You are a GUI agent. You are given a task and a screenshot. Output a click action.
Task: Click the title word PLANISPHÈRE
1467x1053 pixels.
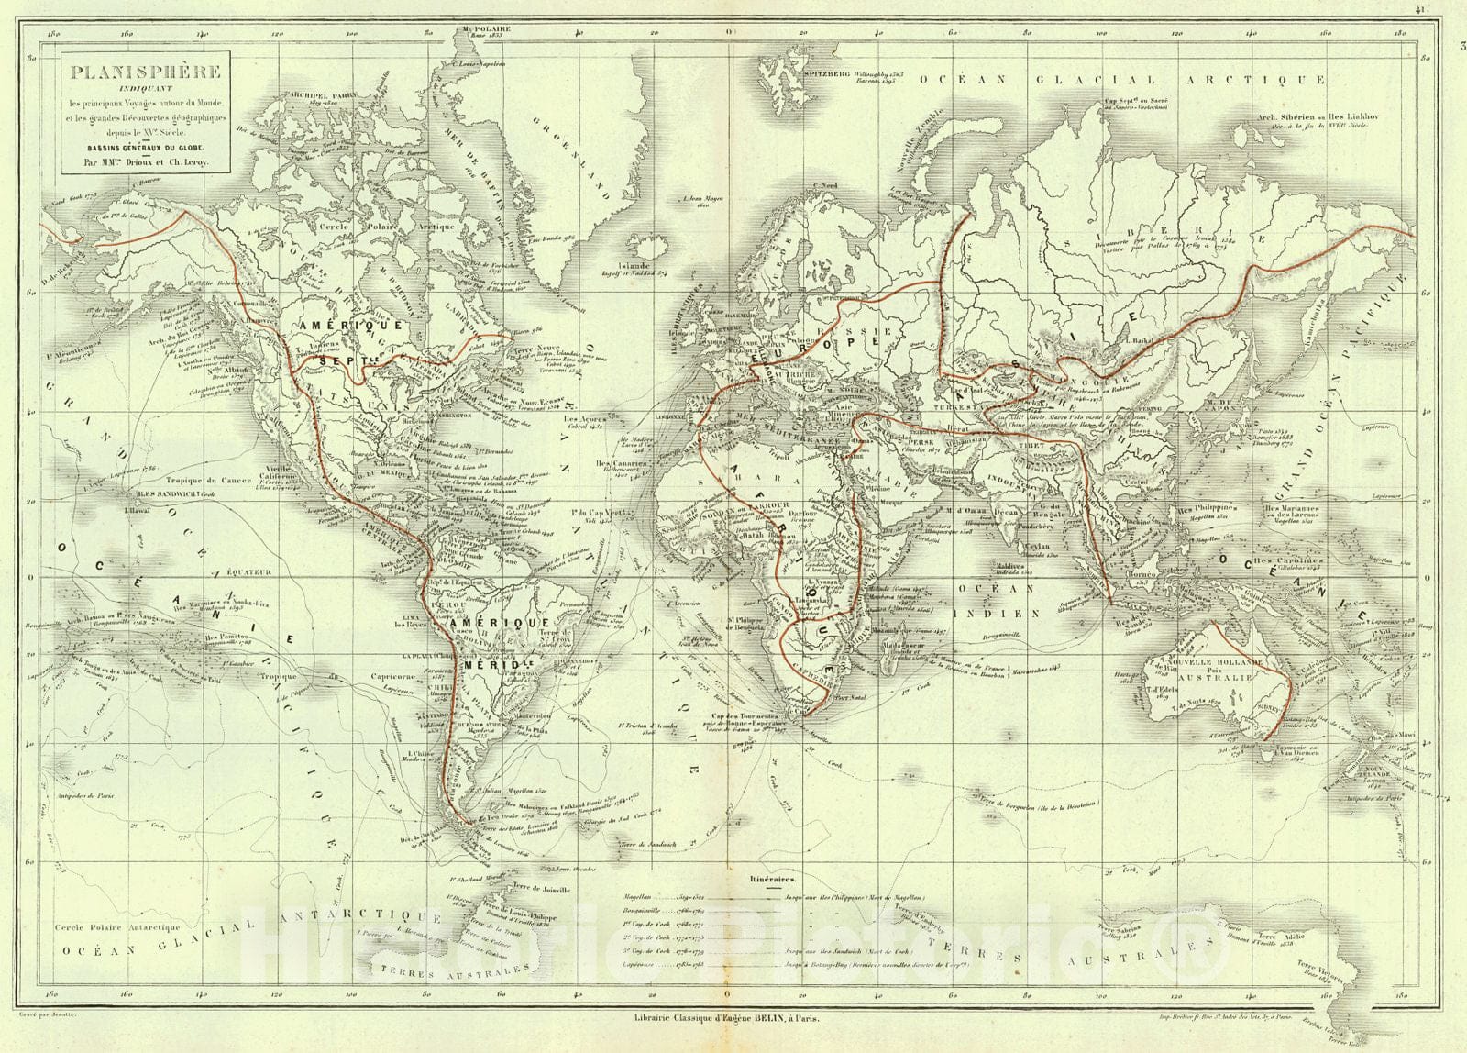point(142,70)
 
